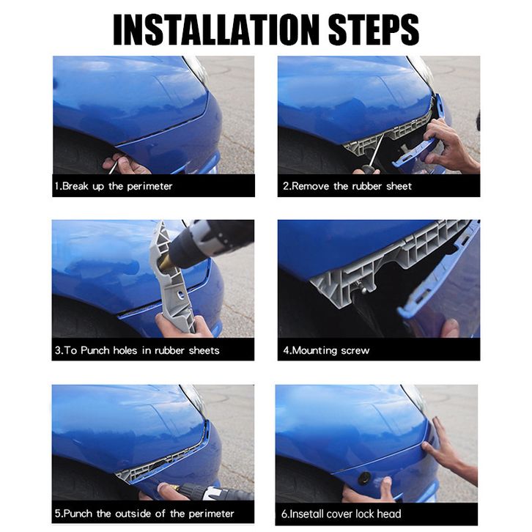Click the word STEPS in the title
point(374,29)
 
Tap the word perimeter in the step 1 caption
point(149,186)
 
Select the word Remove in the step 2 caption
point(311,186)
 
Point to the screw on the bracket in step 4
point(361,289)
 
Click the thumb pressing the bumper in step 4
point(450,328)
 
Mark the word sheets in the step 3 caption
point(204,350)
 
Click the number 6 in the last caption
point(284,514)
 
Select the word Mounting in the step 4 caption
point(314,350)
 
